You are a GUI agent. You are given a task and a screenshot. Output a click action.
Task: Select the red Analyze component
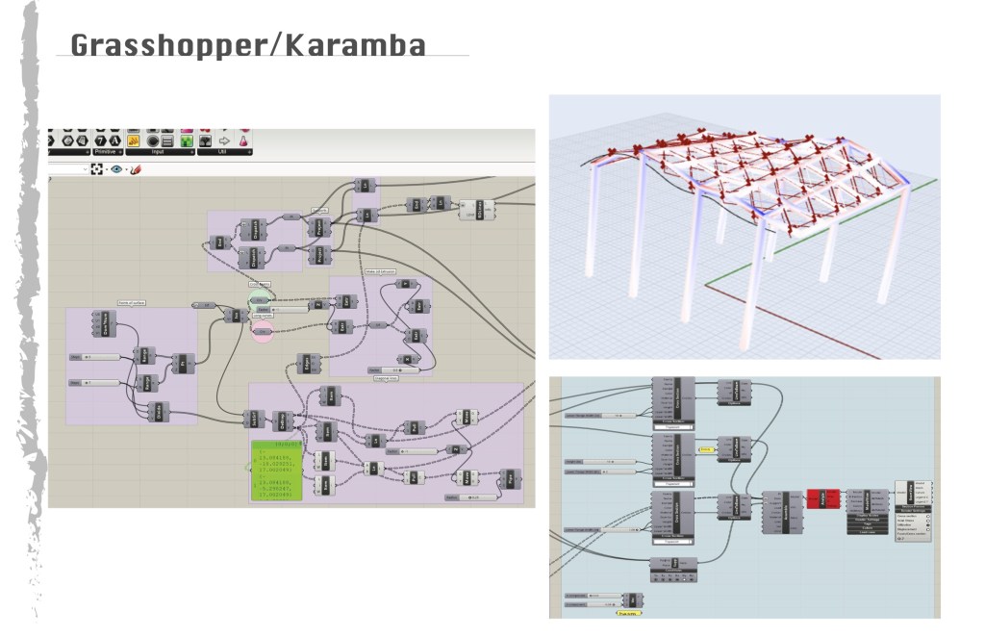(x=821, y=497)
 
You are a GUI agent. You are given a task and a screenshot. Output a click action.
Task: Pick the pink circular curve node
(x=262, y=332)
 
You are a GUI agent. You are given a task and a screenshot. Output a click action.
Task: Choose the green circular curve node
(x=263, y=300)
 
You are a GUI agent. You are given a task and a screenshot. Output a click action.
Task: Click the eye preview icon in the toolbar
(x=116, y=169)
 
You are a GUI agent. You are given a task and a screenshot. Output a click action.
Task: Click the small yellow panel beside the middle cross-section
(x=705, y=448)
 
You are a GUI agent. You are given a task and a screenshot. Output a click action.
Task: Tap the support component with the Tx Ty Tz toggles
(x=672, y=570)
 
